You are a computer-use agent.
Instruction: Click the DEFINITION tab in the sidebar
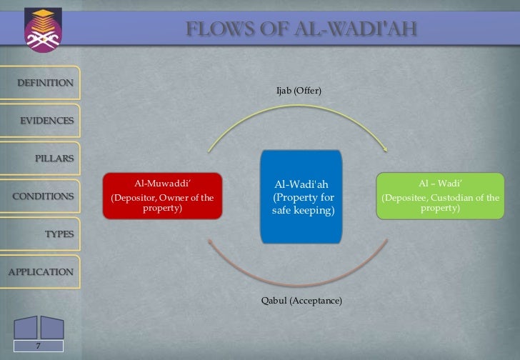(x=44, y=83)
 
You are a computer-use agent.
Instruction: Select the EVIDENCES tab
(x=46, y=121)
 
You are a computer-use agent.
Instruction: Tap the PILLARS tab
(x=53, y=159)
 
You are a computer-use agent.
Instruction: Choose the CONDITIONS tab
(x=43, y=196)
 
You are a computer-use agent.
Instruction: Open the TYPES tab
(x=59, y=234)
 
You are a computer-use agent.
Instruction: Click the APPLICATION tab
(x=40, y=272)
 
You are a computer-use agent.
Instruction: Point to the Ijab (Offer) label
(x=299, y=91)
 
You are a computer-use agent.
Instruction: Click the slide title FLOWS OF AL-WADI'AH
(x=301, y=29)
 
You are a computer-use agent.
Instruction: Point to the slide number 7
(x=39, y=346)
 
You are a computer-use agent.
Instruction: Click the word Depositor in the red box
(x=132, y=198)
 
